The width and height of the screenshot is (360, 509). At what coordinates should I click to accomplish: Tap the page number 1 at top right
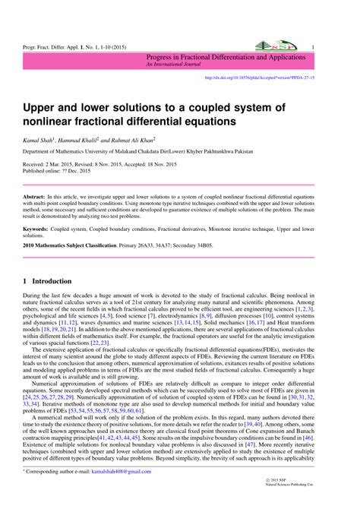coord(312,47)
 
